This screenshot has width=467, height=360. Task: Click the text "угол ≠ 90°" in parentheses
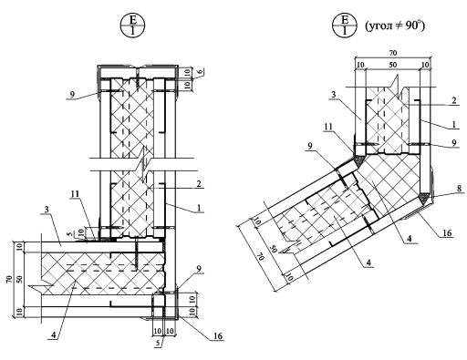click(x=395, y=26)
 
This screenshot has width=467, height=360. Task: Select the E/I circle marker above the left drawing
click(x=132, y=26)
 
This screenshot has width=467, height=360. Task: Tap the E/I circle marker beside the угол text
click(x=345, y=26)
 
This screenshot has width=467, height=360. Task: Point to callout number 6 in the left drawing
click(x=200, y=71)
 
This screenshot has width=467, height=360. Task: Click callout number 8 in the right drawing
click(x=459, y=189)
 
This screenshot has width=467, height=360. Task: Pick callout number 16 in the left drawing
click(x=218, y=336)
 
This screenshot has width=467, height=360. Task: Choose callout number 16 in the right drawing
click(x=447, y=233)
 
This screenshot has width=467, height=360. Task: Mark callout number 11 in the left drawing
click(x=75, y=193)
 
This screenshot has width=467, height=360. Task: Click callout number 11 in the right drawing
click(x=328, y=126)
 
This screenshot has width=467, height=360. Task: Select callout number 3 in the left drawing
click(x=47, y=209)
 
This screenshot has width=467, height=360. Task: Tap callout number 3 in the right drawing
click(x=334, y=95)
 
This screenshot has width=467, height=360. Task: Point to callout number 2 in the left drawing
click(x=199, y=184)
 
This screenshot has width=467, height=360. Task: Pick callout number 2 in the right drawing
click(x=454, y=100)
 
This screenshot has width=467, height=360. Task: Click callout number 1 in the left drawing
click(x=199, y=208)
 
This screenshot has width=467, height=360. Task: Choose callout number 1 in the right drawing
click(x=454, y=124)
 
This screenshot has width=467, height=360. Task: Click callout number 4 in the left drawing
click(x=54, y=334)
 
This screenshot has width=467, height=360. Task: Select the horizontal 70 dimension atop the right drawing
click(x=393, y=53)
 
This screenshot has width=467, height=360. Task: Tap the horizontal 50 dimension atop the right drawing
click(x=393, y=65)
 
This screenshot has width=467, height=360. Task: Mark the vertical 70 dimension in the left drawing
click(x=9, y=279)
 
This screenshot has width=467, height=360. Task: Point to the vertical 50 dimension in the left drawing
click(x=20, y=279)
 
